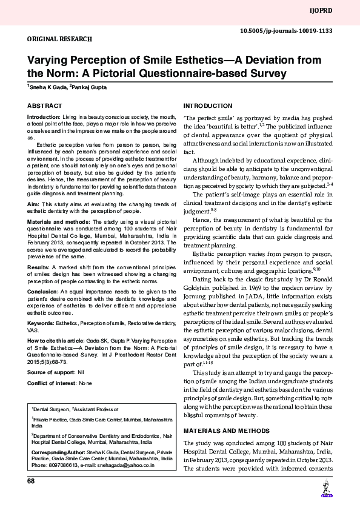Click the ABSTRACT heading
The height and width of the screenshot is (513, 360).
coord(44,106)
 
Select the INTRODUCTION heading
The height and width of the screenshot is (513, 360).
coord(207,106)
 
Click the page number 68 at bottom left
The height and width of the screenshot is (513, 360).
coord(31,481)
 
